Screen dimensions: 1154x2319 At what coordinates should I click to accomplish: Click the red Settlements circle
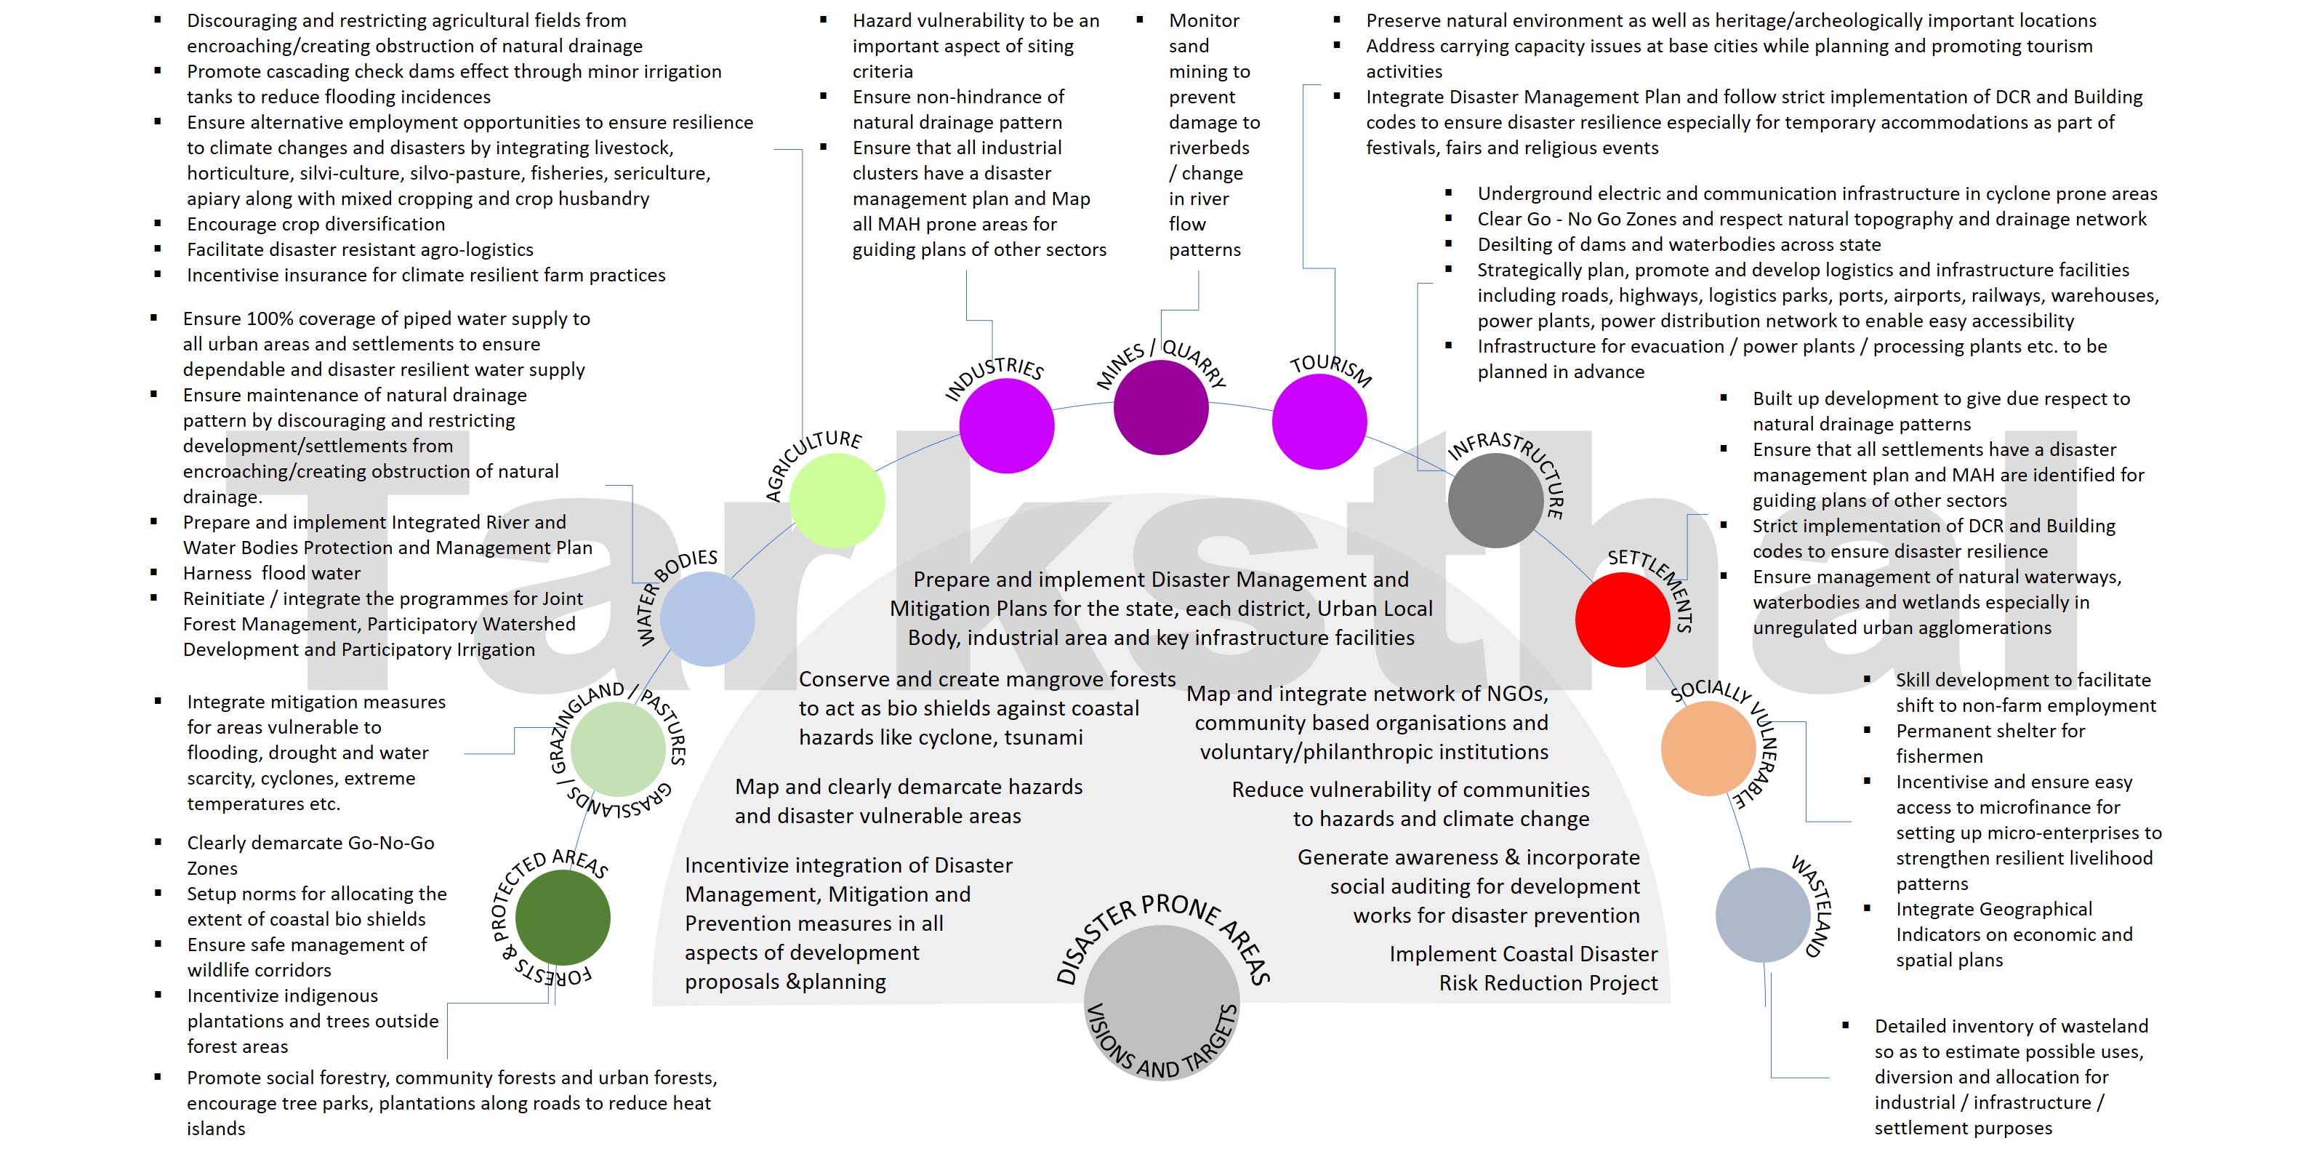click(1623, 620)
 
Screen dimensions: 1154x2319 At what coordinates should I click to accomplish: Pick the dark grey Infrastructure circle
click(1495, 500)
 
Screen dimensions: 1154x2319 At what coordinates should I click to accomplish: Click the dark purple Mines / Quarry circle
click(1160, 407)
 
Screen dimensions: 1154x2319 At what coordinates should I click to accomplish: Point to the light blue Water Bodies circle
click(707, 620)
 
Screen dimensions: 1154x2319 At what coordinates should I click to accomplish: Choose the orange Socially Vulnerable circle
click(1708, 748)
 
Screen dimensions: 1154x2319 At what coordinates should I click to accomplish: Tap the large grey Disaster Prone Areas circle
click(1161, 990)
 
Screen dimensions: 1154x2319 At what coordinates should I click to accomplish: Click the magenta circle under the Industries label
click(1006, 426)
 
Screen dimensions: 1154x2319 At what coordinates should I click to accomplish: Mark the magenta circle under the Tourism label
click(1319, 421)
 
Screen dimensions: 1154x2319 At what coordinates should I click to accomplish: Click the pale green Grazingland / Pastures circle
click(618, 748)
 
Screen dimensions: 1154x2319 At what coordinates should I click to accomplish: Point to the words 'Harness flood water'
click(271, 574)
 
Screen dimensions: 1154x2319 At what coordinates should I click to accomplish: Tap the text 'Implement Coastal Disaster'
click(1522, 954)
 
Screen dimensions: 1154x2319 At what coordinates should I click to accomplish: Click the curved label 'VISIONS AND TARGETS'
click(1161, 1049)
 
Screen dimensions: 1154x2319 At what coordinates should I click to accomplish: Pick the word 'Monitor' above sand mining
click(1204, 20)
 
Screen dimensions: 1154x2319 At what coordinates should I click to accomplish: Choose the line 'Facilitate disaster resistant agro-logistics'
click(359, 249)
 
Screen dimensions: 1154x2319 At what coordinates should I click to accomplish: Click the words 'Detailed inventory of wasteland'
click(2009, 1026)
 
